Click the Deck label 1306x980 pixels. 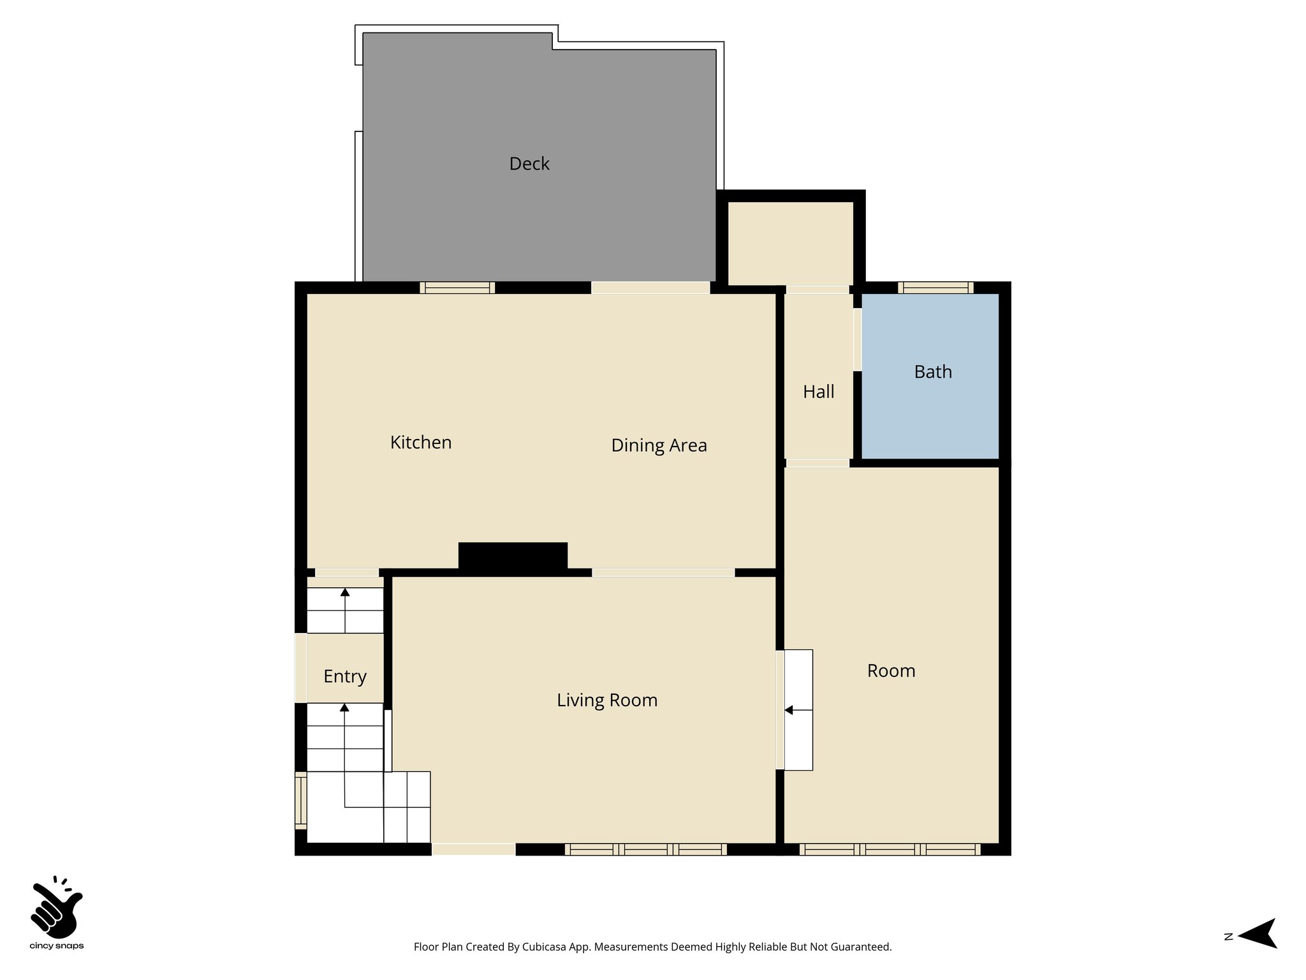(529, 164)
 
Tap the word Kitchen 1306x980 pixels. (421, 442)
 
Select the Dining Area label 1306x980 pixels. (659, 445)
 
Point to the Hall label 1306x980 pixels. (818, 392)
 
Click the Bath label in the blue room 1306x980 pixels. (932, 372)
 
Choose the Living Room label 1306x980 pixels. (606, 700)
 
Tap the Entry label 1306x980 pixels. (344, 676)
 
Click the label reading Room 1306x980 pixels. (891, 671)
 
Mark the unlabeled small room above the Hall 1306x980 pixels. (790, 243)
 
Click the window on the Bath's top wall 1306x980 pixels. (935, 288)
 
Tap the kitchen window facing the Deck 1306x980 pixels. (457, 288)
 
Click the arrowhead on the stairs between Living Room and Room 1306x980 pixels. (788, 710)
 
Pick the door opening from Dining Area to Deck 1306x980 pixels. (650, 288)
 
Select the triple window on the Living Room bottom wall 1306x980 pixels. (645, 849)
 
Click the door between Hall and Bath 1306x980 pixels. (858, 339)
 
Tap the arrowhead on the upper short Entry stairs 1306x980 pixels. (345, 592)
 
